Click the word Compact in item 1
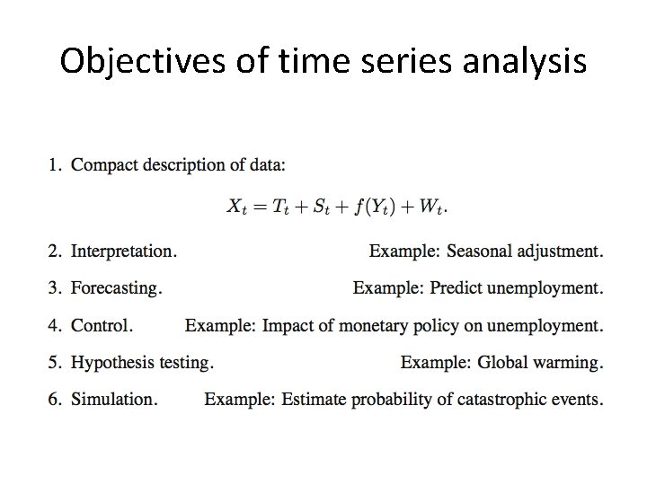tap(101, 164)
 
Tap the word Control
tap(102, 325)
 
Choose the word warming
tap(566, 362)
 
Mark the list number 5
tap(55, 362)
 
